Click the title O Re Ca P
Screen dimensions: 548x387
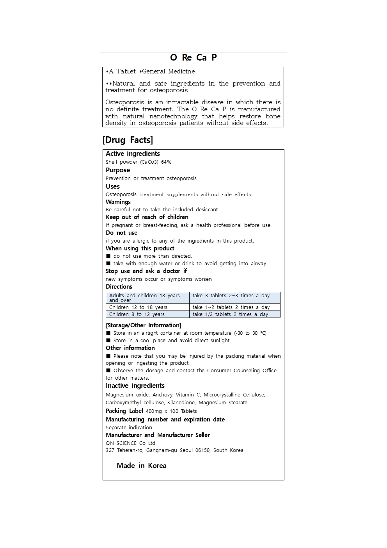point(193,57)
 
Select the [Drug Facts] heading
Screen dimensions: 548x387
point(128,140)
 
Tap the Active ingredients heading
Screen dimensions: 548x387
point(133,154)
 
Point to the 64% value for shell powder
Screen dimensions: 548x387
point(166,162)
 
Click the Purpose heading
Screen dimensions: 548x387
point(118,170)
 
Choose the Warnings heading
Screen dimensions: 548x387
point(118,202)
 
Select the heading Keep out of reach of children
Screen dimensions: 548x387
point(147,217)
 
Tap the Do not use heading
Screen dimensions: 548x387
point(121,233)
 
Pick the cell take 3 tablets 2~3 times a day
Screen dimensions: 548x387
point(231,296)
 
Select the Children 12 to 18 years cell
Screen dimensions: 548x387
point(138,307)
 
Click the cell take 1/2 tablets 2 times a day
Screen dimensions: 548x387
point(230,314)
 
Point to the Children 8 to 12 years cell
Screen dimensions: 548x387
point(137,314)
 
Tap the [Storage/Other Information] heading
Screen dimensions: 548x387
point(144,325)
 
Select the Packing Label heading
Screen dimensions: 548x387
point(124,411)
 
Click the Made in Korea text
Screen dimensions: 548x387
point(142,466)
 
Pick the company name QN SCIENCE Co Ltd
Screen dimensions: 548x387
point(130,443)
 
